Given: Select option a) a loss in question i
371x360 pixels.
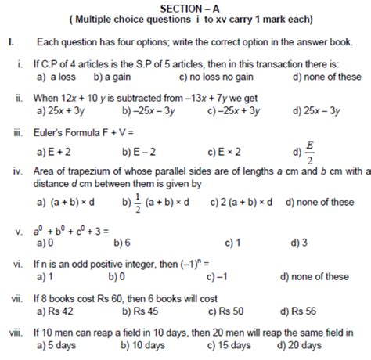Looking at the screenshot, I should point(59,77).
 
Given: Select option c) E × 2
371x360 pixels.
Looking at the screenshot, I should point(225,150).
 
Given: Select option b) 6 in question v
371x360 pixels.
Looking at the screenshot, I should point(123,243).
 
